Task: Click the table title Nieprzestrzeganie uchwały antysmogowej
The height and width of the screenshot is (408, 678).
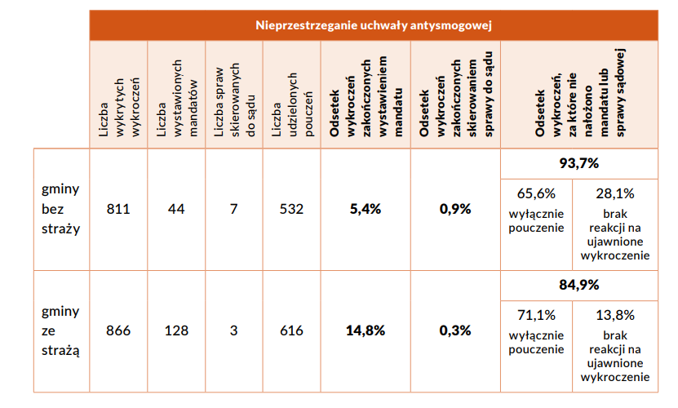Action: click(x=374, y=24)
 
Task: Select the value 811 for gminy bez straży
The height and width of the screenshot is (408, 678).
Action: click(x=118, y=209)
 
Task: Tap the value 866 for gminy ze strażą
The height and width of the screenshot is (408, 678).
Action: click(x=118, y=330)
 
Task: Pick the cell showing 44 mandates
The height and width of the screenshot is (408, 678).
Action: click(x=176, y=209)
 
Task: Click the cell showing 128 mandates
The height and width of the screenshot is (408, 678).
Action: click(x=176, y=330)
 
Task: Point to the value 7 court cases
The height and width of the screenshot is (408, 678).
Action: click(x=233, y=209)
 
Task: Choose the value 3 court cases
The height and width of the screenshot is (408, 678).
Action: click(x=233, y=330)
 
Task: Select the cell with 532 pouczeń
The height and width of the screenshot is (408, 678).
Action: click(x=291, y=209)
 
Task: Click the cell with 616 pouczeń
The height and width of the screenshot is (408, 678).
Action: click(x=291, y=330)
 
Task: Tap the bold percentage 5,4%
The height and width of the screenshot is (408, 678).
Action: click(x=365, y=209)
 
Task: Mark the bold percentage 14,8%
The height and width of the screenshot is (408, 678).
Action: click(x=365, y=330)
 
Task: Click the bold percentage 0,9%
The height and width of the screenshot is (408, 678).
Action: click(x=455, y=209)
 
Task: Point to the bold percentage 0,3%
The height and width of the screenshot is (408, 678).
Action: click(x=455, y=330)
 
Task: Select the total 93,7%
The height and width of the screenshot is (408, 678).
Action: click(x=578, y=163)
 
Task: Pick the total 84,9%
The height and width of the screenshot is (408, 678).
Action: click(x=578, y=286)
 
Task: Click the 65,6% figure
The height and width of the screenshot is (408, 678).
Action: click(x=536, y=193)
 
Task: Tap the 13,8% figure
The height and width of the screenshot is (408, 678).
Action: click(x=615, y=315)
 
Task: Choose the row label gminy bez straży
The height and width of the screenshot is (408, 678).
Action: click(x=60, y=209)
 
